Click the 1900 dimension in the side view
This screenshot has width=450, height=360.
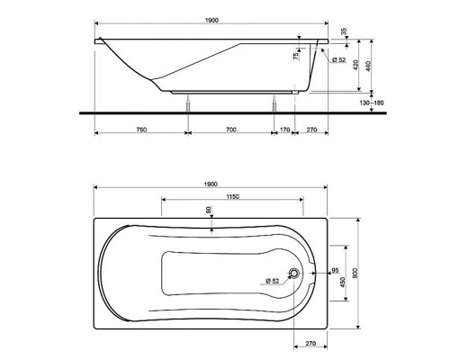211,19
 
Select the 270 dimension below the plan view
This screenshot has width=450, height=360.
311,343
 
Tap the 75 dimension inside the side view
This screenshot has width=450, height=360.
295,57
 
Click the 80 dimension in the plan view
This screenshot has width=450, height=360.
209,211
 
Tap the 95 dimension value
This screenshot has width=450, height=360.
334,269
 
